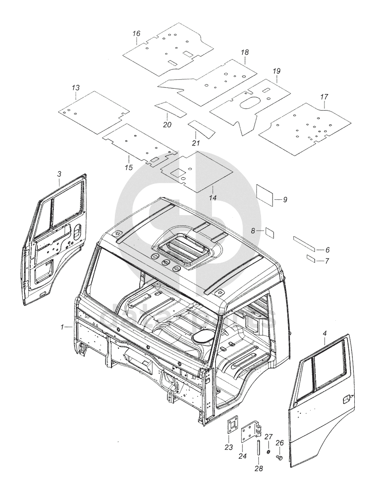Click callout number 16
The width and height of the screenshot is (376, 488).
point(137,34)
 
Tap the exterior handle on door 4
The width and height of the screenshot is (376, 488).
point(346,399)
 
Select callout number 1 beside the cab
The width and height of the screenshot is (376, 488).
point(63,326)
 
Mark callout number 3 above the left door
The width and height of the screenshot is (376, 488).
point(59,174)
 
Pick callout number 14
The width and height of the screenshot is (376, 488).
point(213,198)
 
